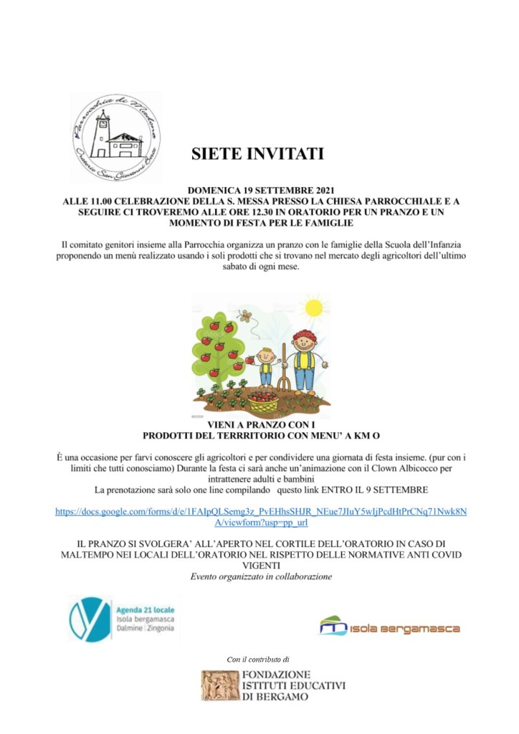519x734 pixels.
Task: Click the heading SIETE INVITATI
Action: click(257, 154)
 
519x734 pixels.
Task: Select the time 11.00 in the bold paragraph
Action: click(103, 202)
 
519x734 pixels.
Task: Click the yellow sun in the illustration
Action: click(313, 308)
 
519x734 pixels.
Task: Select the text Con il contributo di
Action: click(257, 659)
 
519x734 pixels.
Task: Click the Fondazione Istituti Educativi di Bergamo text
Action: click(294, 686)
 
